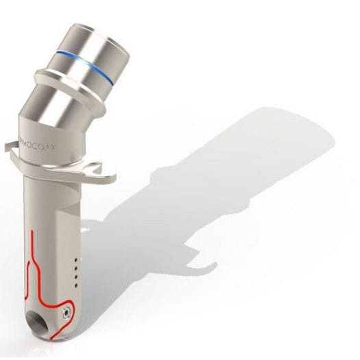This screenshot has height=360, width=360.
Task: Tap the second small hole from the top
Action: tap(74, 268)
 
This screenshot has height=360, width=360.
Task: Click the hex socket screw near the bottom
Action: tap(65, 311)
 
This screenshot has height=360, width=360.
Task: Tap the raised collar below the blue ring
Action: tap(65, 82)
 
